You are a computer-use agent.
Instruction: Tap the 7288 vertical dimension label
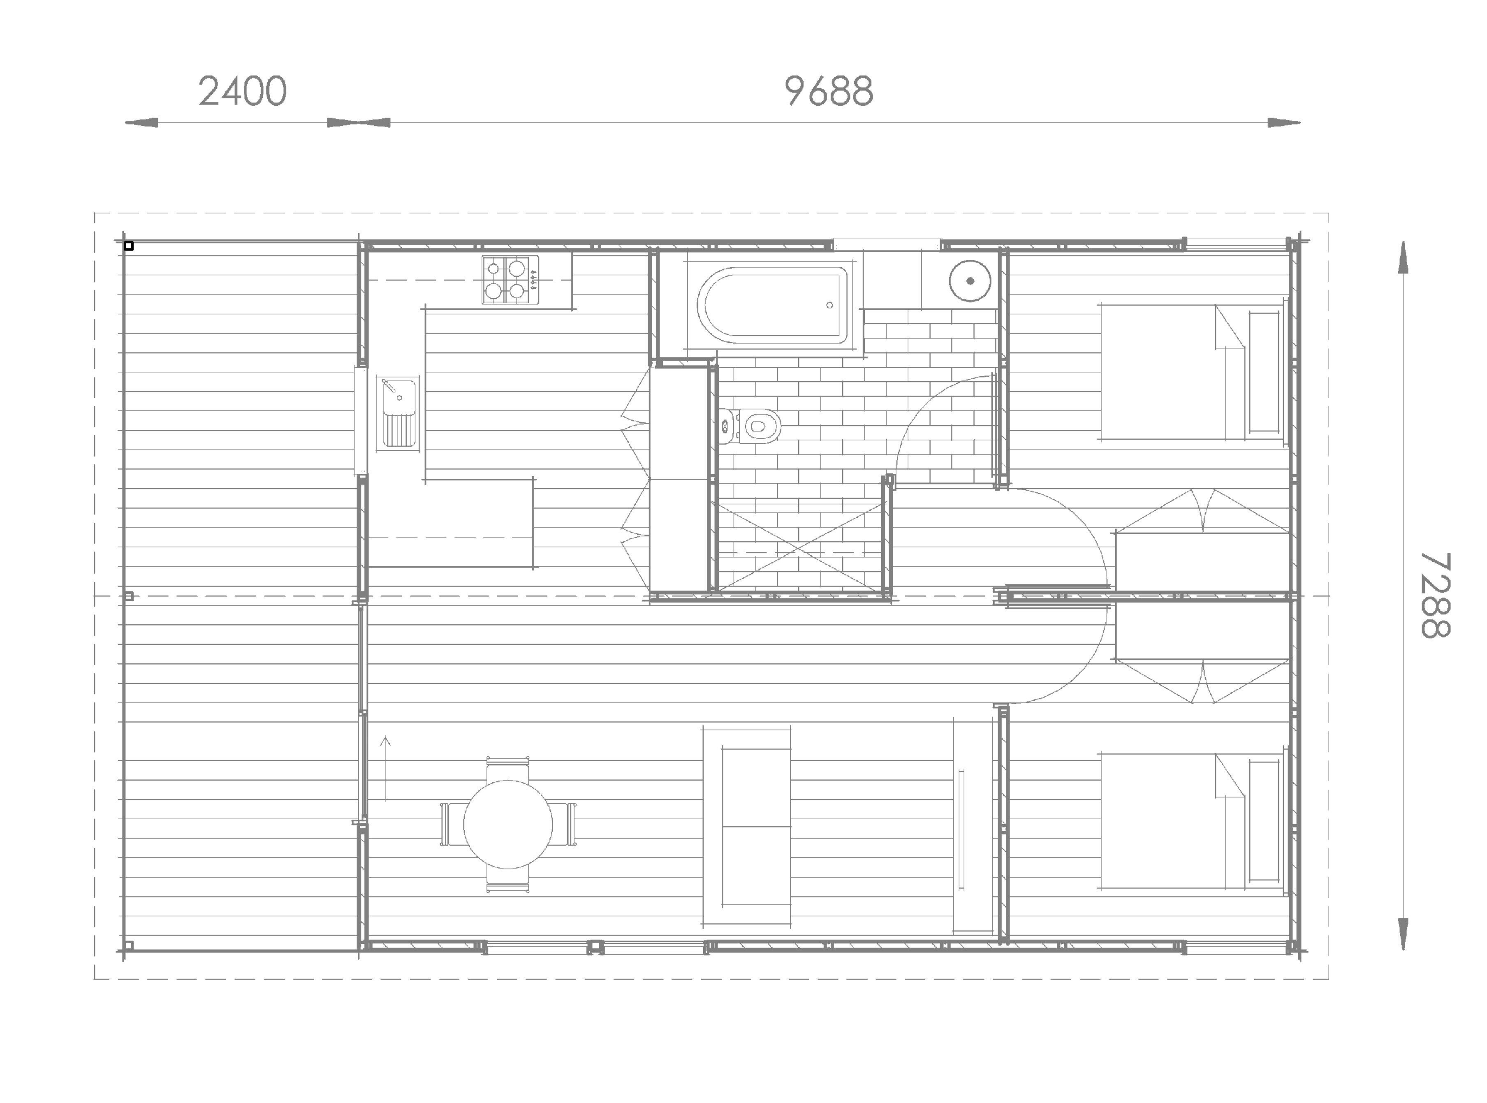pos(1434,595)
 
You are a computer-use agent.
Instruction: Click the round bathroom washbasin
pos(970,281)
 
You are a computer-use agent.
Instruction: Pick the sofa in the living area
pos(746,827)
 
